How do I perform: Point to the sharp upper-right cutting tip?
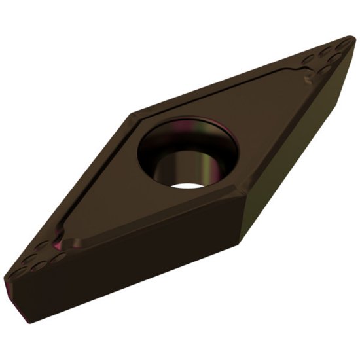(352, 40)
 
